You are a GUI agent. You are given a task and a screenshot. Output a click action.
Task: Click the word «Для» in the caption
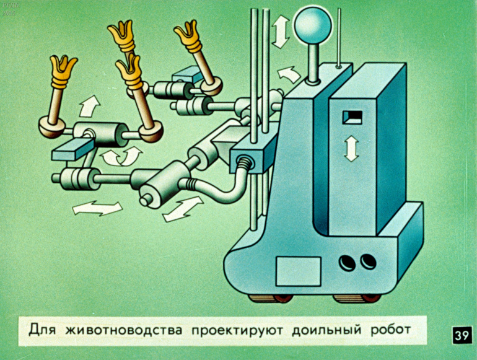pyautogui.click(x=42, y=330)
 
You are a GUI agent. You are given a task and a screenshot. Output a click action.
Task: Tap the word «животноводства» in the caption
pyautogui.click(x=124, y=330)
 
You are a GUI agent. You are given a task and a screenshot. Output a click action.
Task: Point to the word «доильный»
pyautogui.click(x=326, y=330)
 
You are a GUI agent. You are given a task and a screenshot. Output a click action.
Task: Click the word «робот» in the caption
pyautogui.click(x=391, y=330)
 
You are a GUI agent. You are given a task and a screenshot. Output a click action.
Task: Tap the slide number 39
pyautogui.click(x=462, y=336)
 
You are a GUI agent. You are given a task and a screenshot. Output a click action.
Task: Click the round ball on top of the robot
pyautogui.click(x=312, y=25)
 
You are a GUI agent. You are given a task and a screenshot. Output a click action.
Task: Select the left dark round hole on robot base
pyautogui.click(x=347, y=263)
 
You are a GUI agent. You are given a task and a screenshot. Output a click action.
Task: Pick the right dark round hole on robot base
pyautogui.click(x=368, y=261)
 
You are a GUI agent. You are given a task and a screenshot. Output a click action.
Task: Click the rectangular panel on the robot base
pyautogui.click(x=298, y=271)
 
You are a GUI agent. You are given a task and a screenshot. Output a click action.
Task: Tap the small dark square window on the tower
pyautogui.click(x=352, y=118)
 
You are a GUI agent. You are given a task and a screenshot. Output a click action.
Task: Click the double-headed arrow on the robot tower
pyautogui.click(x=351, y=148)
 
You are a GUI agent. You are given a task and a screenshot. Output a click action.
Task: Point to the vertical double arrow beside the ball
pyautogui.click(x=281, y=32)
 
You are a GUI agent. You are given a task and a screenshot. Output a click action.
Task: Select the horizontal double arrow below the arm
pyautogui.click(x=97, y=208)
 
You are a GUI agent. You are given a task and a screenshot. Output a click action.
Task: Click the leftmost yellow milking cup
pyautogui.click(x=63, y=71)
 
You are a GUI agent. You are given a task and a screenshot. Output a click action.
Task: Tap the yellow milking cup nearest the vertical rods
pyautogui.click(x=188, y=36)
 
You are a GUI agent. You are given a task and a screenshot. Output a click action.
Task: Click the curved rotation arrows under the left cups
pyautogui.click(x=121, y=156)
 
